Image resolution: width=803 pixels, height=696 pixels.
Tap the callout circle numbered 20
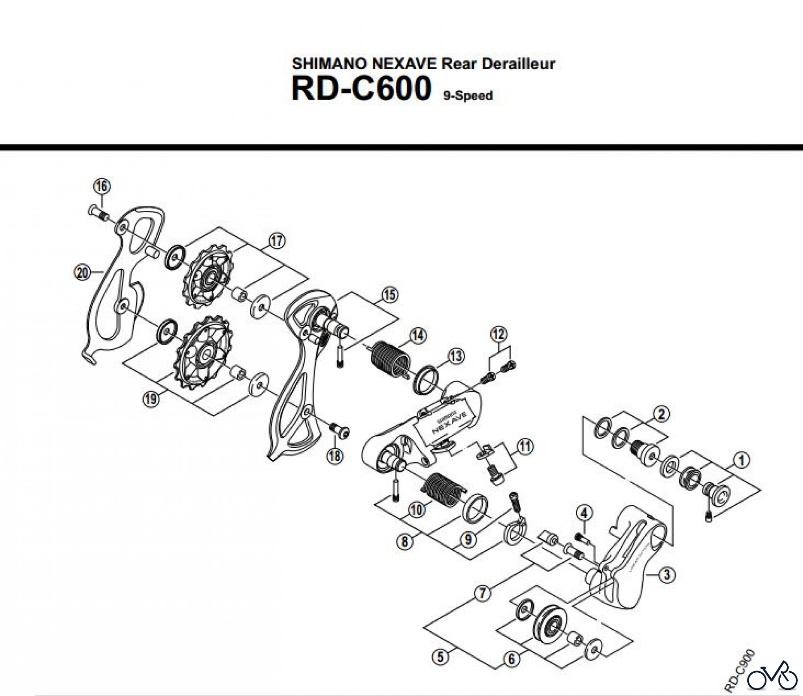click(x=83, y=272)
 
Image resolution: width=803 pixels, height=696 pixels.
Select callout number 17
click(x=277, y=241)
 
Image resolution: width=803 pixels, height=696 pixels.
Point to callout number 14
click(x=418, y=336)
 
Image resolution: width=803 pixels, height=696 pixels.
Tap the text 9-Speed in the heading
click(x=468, y=96)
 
